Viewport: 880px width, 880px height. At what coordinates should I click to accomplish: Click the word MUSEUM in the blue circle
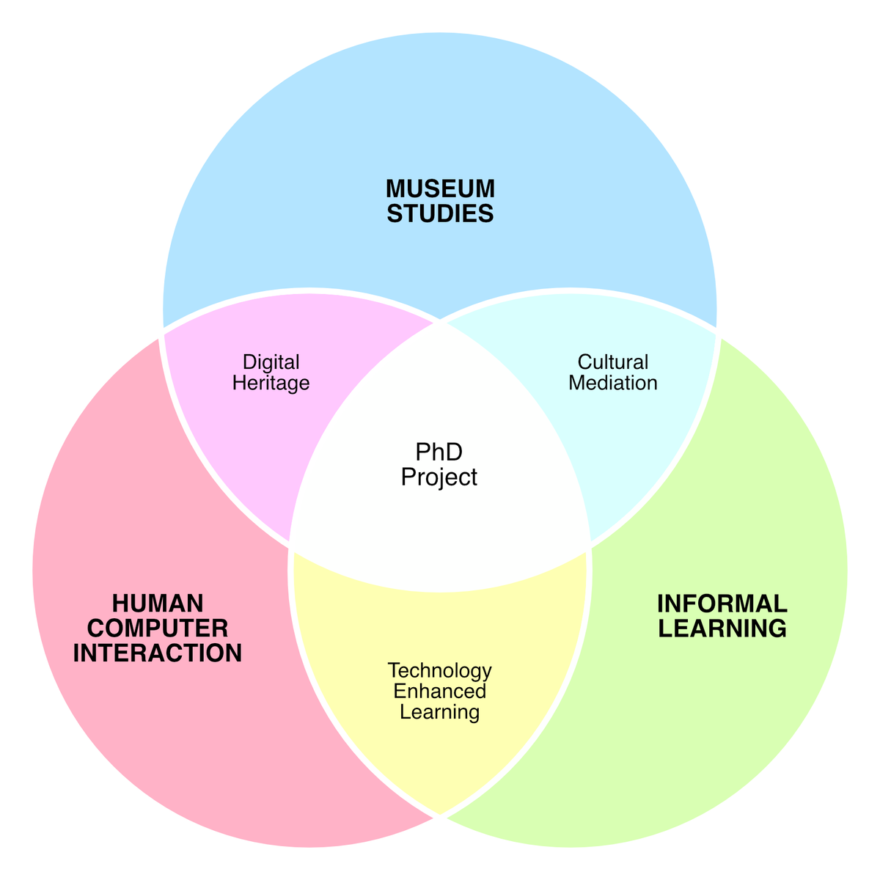point(440,188)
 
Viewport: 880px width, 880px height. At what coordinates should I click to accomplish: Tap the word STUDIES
point(440,213)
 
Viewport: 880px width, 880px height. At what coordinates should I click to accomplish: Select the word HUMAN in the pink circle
point(158,604)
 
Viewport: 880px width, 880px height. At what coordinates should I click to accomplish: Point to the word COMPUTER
point(158,628)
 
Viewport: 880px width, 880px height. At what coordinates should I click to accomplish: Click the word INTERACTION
point(158,653)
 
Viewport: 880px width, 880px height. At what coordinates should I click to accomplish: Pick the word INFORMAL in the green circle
point(722,604)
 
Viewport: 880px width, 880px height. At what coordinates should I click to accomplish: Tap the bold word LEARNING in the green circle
point(722,628)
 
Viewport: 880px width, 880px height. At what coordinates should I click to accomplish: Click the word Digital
point(271,362)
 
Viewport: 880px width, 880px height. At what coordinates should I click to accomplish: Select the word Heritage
point(271,383)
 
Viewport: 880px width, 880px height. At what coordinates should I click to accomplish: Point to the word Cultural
point(613,362)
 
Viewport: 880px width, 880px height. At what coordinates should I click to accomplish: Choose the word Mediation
point(613,383)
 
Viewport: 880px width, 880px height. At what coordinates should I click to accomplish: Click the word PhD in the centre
point(439,452)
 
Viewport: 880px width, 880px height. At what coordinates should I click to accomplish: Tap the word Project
point(439,477)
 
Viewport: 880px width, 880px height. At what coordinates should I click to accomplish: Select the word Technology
point(440,671)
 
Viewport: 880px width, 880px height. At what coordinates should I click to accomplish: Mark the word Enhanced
point(440,691)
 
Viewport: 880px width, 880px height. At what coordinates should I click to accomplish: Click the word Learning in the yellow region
point(440,712)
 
